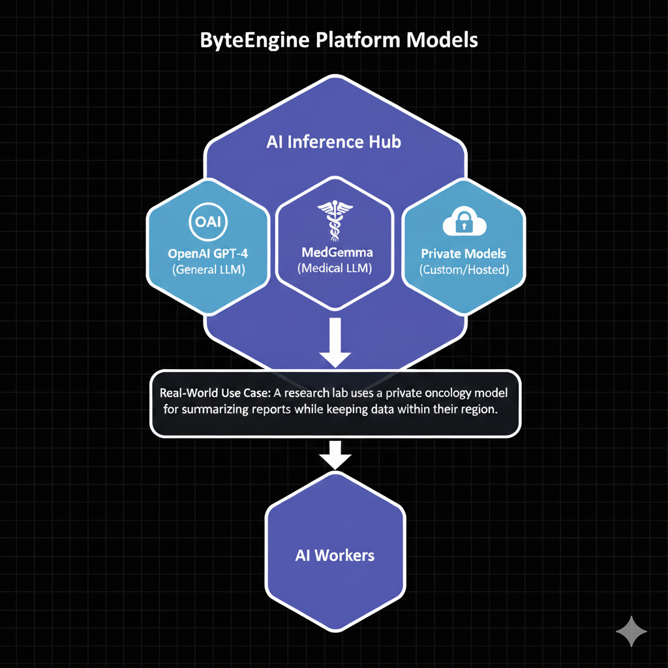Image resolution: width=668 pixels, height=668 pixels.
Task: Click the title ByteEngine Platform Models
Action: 338,40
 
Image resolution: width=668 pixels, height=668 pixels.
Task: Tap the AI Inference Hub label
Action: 333,142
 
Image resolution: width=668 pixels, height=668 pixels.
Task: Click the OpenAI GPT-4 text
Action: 208,253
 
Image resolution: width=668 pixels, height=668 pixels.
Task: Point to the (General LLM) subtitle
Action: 208,269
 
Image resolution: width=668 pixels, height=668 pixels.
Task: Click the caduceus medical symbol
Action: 334,220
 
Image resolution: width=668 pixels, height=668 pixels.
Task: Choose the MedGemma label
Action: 334,252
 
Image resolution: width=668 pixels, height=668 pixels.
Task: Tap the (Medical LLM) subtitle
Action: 334,267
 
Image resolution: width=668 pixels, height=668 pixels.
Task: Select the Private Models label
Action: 464,254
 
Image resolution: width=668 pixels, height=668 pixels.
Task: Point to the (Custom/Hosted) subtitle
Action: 464,269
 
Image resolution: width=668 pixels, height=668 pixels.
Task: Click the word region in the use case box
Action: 479,412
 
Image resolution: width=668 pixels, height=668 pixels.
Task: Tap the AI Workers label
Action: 335,556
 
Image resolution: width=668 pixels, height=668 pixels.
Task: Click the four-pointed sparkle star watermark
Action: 631,631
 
